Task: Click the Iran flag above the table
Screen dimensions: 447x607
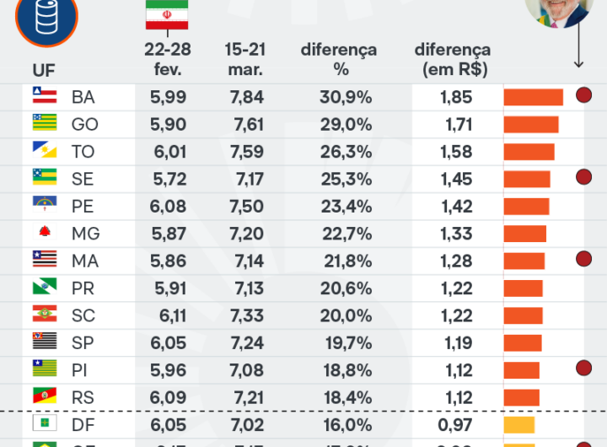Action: click(167, 14)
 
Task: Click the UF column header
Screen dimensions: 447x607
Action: click(44, 69)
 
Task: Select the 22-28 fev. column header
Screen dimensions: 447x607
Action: click(167, 59)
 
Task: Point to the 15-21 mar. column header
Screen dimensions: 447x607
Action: click(245, 59)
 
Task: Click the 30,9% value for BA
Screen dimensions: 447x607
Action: click(346, 97)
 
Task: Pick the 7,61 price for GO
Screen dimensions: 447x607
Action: click(246, 125)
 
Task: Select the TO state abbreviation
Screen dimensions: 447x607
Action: click(83, 152)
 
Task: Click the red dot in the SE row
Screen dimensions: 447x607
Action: click(583, 176)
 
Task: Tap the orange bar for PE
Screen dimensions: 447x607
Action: click(526, 207)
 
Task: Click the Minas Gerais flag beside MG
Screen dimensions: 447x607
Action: click(45, 233)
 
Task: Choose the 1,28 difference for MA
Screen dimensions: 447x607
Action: click(456, 261)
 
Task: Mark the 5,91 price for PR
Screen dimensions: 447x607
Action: click(169, 288)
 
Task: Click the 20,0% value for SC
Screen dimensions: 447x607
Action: click(346, 315)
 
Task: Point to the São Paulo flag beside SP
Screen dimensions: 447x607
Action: click(45, 342)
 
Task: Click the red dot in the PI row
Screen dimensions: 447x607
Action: click(583, 367)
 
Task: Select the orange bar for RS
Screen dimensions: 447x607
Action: click(521, 397)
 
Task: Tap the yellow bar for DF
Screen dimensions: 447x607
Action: click(519, 424)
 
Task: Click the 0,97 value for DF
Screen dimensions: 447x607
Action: click(456, 424)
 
